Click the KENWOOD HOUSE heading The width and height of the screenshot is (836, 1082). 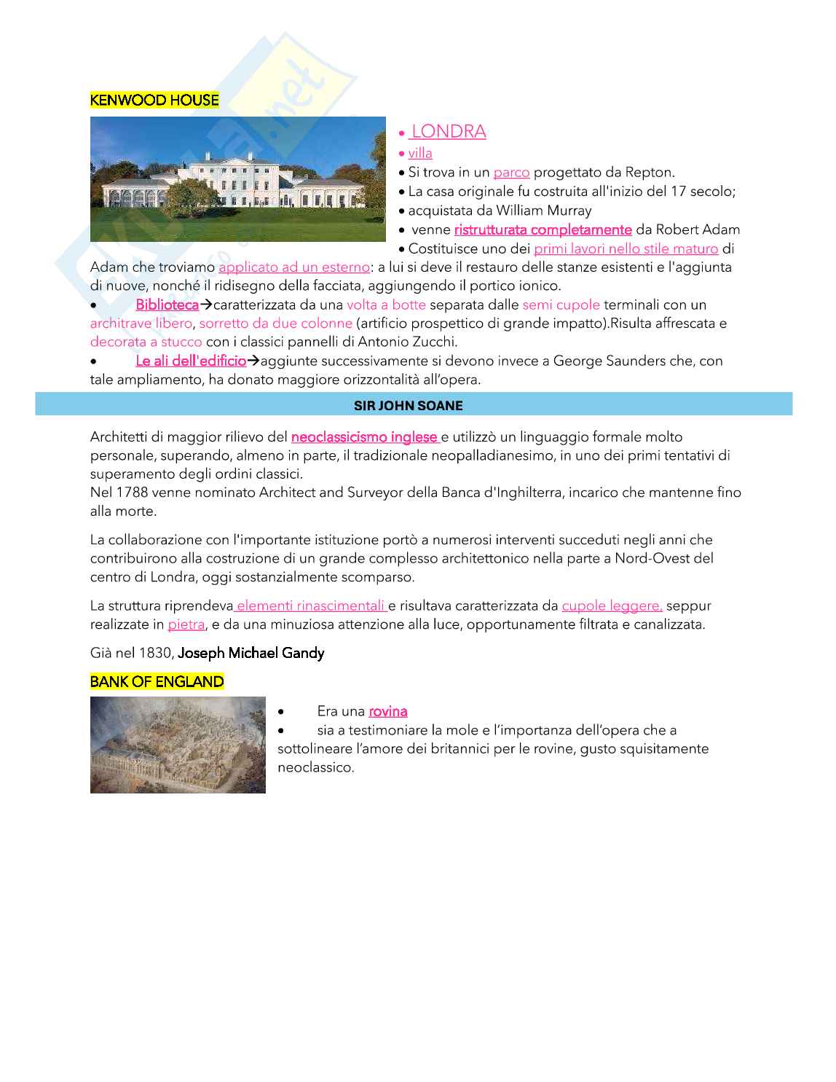coord(154,101)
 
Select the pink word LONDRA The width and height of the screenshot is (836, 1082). coord(448,132)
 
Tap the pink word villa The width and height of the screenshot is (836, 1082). coord(420,154)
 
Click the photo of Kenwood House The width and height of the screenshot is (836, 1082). coord(237,179)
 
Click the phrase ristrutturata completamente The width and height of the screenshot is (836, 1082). coord(543,230)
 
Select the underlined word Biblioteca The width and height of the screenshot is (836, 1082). coord(167,305)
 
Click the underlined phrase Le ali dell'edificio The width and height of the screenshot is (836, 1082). coord(191,361)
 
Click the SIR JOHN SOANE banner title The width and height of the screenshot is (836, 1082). coord(408,406)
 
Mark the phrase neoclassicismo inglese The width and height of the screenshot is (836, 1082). coord(364,437)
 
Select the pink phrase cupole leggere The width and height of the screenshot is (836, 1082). coord(611,605)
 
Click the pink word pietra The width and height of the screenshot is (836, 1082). coord(186,624)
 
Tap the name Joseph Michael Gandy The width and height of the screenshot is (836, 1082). coord(251,653)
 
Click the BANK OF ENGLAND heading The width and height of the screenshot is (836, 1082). coord(157,682)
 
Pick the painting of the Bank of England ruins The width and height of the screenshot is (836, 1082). coord(178,745)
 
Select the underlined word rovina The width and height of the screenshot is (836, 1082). coord(387,712)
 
